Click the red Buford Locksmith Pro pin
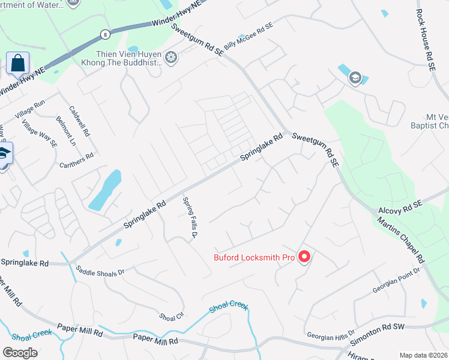[304, 257]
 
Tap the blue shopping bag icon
[18, 62]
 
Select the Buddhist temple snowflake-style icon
[172, 58]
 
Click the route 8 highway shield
[105, 34]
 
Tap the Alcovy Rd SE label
[401, 208]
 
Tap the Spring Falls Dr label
[190, 218]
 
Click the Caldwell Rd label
[79, 121]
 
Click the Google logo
[20, 353]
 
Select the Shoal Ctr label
[172, 316]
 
